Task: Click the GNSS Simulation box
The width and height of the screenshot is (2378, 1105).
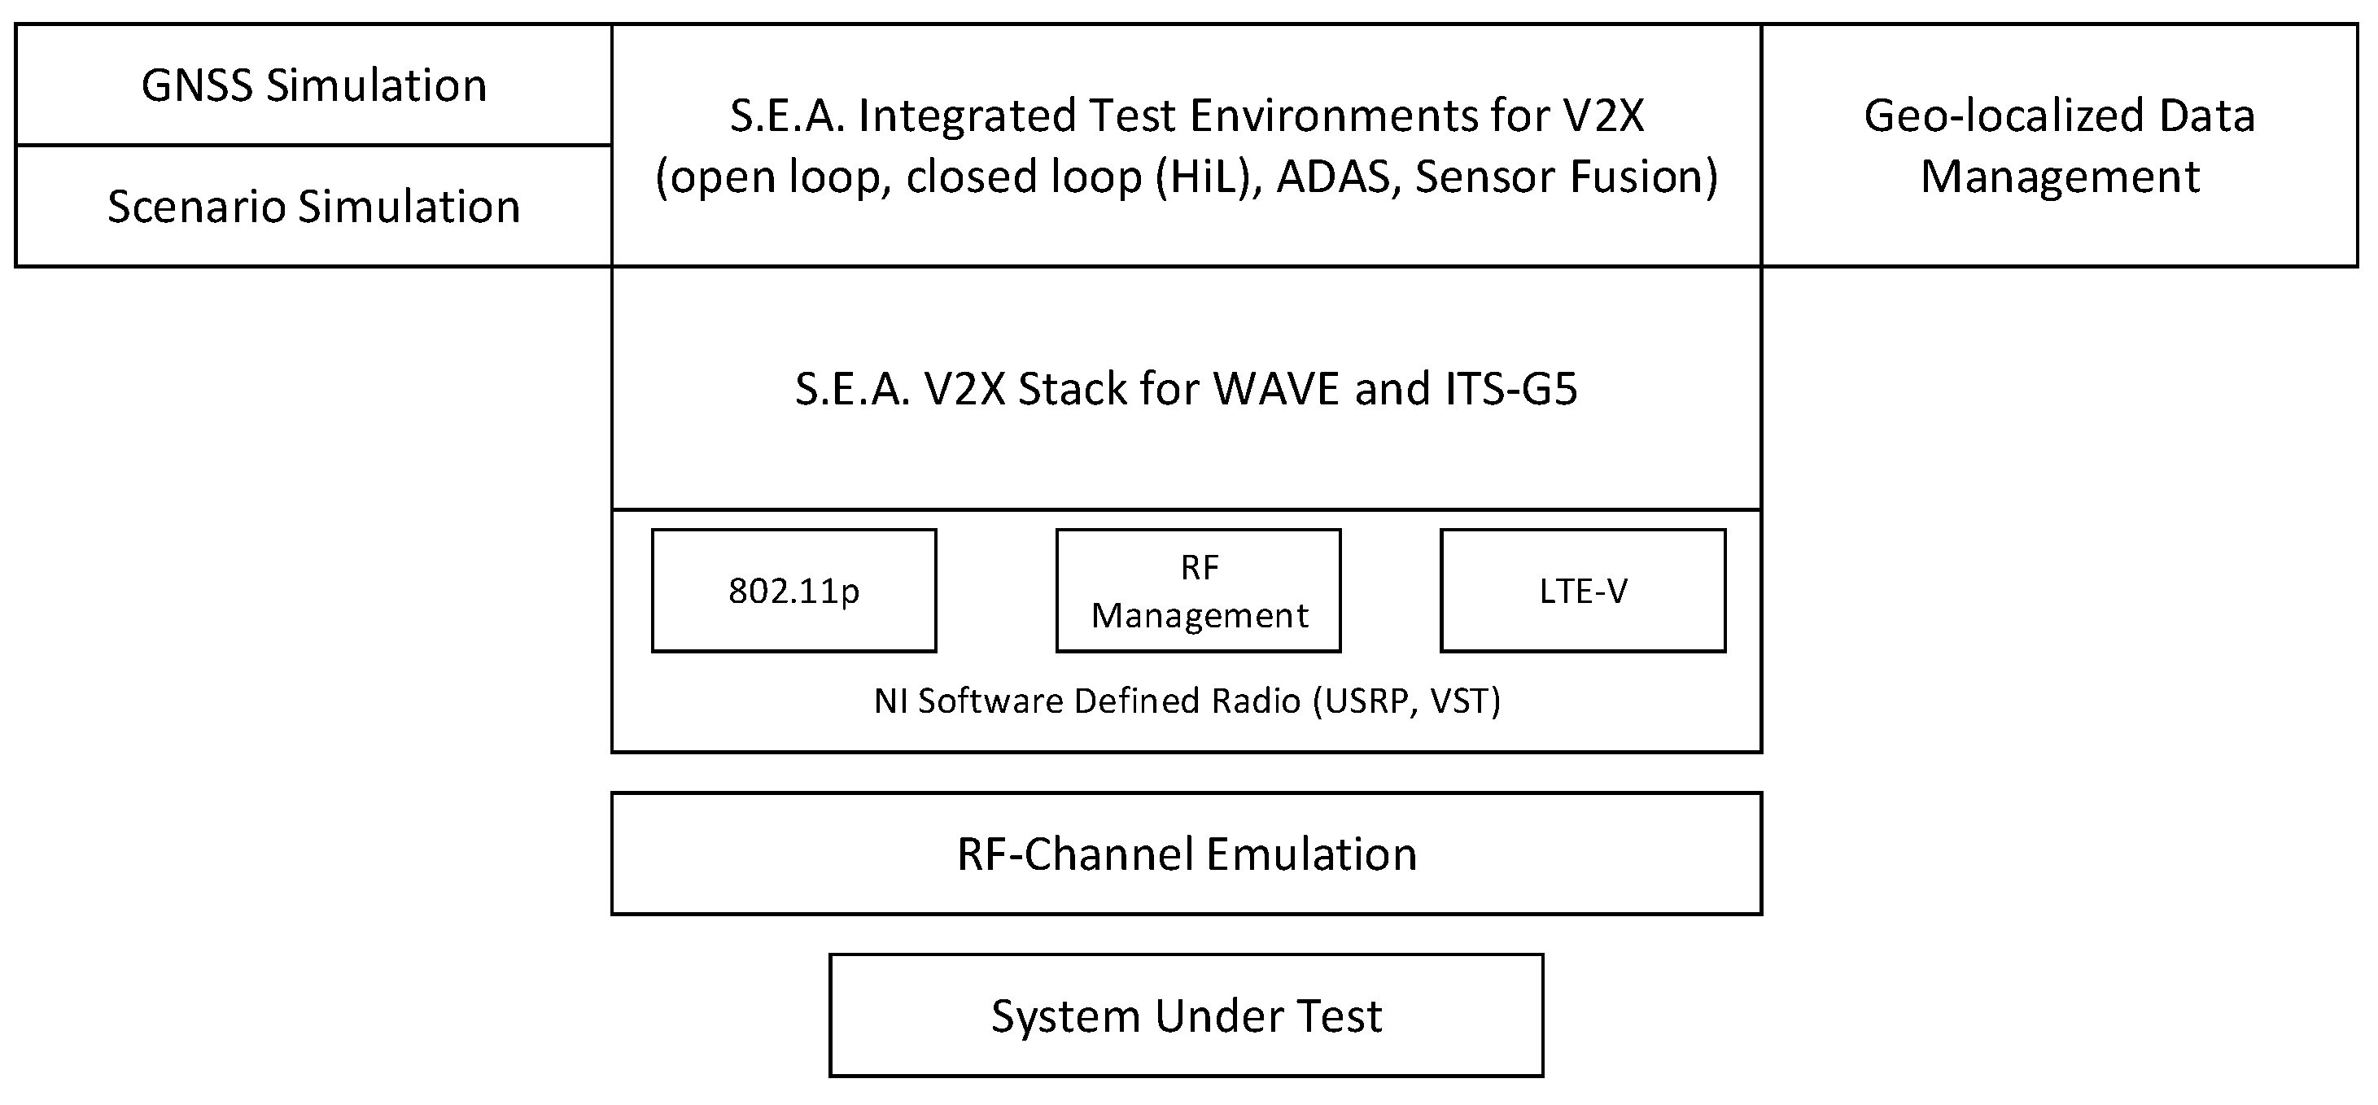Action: [314, 85]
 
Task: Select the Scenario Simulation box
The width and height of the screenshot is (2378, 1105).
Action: [314, 206]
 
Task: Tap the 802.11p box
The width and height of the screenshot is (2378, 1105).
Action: [794, 591]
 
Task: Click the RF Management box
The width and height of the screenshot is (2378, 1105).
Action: [1198, 591]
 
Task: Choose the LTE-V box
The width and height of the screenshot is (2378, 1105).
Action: [1582, 591]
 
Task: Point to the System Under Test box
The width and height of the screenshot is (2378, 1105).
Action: [1187, 1015]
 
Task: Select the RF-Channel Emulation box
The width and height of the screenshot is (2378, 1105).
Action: [1187, 854]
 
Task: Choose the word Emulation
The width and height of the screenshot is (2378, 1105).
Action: [1312, 854]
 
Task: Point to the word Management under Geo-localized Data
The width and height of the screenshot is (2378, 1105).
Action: [2061, 177]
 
